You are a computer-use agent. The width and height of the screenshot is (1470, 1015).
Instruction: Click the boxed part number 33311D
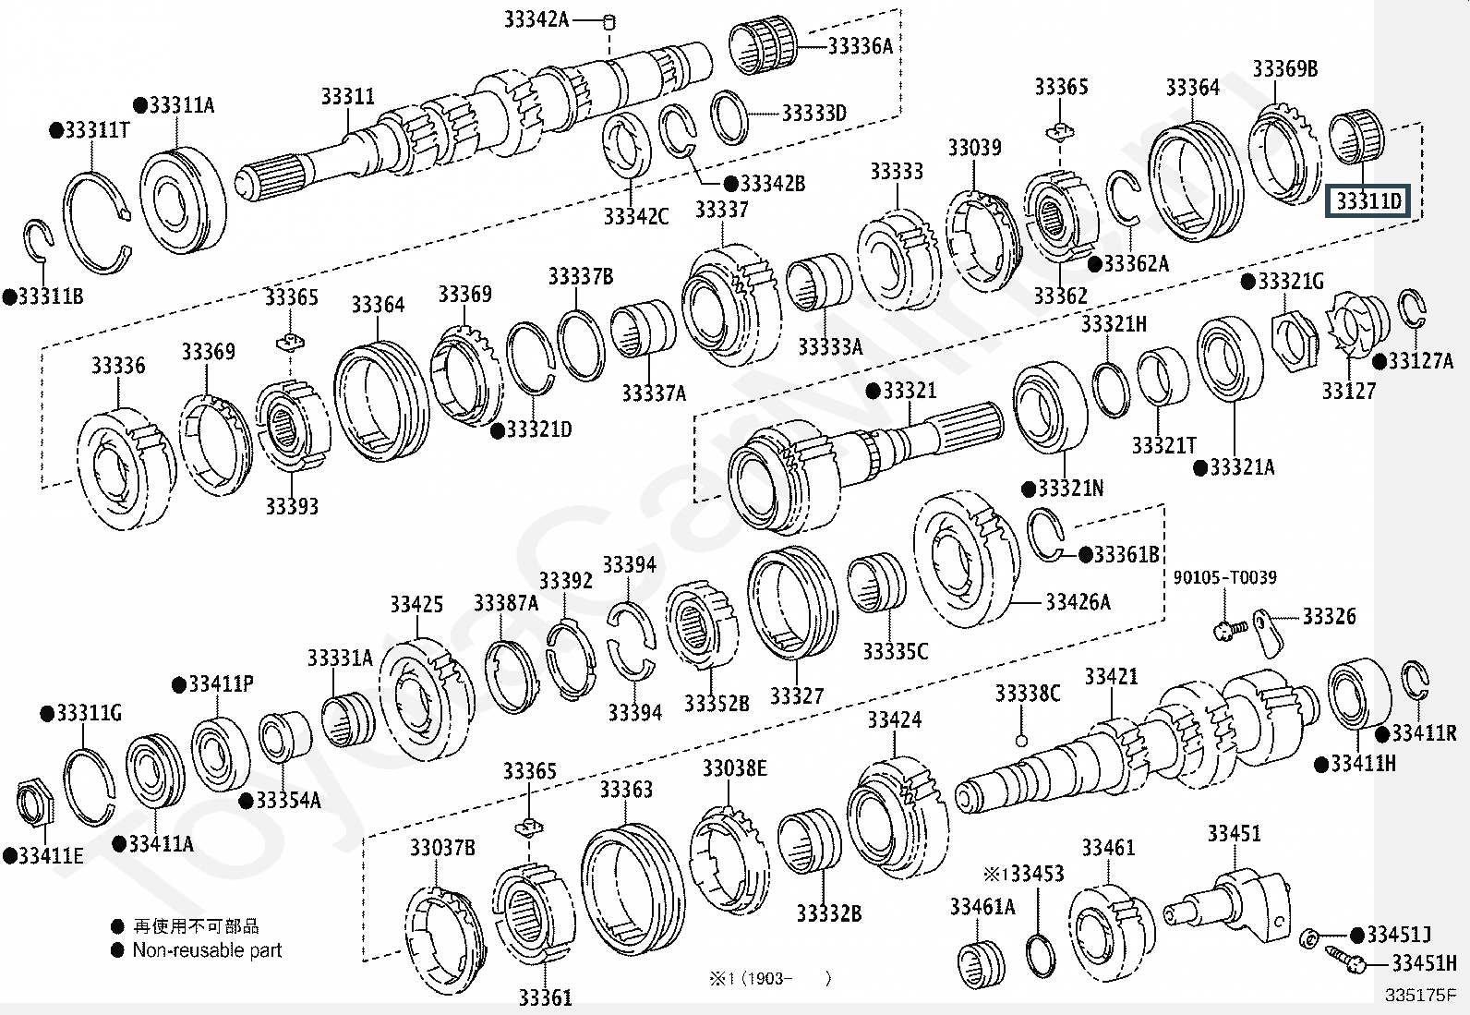[1369, 200]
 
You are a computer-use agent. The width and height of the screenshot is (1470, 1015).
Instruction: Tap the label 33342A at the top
[536, 19]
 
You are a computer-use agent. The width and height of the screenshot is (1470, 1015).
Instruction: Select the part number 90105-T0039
[1224, 577]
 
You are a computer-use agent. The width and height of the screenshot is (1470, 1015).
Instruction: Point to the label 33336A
[861, 46]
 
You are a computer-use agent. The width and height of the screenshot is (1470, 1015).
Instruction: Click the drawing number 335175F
[1420, 996]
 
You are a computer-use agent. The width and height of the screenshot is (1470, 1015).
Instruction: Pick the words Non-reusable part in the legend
[207, 950]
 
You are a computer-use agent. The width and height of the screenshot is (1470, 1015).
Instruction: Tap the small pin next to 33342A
[609, 22]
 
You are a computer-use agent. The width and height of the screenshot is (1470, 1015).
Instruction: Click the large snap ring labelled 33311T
[96, 224]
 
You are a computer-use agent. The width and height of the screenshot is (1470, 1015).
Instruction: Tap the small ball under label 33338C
[1021, 742]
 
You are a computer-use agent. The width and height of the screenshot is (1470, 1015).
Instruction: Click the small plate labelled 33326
[1269, 633]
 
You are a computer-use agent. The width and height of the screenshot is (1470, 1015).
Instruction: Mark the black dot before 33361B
[1086, 555]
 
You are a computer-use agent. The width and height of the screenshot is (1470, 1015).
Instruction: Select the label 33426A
[1078, 601]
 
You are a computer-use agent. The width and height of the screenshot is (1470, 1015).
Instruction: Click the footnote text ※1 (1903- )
[770, 979]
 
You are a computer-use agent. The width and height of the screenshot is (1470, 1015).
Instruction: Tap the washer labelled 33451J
[1307, 938]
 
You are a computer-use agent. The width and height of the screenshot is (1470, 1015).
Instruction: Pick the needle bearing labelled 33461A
[981, 964]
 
